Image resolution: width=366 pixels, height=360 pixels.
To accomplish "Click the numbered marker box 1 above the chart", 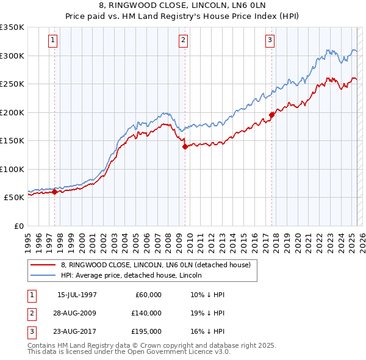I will tap(54, 41).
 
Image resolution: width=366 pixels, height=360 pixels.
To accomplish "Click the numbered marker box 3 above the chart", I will tap(270, 41).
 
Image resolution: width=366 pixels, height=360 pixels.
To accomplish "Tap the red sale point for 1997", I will tap(54, 192).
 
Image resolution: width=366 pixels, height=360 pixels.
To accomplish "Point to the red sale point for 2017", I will tap(271, 115).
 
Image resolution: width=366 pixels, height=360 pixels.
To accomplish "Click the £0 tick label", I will tap(18, 226).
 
